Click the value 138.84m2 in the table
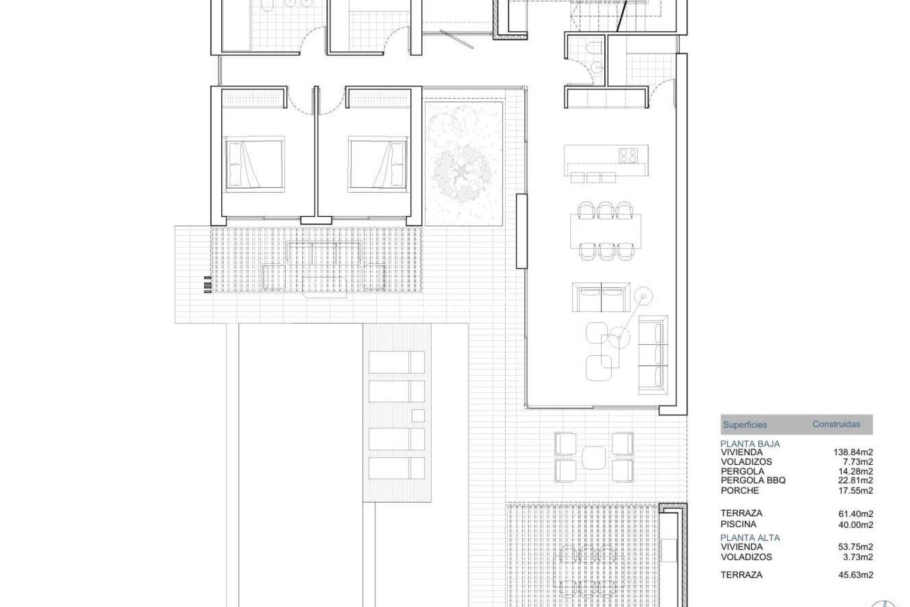(x=853, y=452)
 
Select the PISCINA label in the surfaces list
(x=738, y=524)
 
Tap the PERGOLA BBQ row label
(x=753, y=480)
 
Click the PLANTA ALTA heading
(x=750, y=538)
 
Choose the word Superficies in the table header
(x=745, y=425)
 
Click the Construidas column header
(x=836, y=424)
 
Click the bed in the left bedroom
(x=255, y=164)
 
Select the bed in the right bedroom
(x=378, y=164)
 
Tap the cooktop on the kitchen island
(x=628, y=155)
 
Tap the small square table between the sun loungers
(x=418, y=415)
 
